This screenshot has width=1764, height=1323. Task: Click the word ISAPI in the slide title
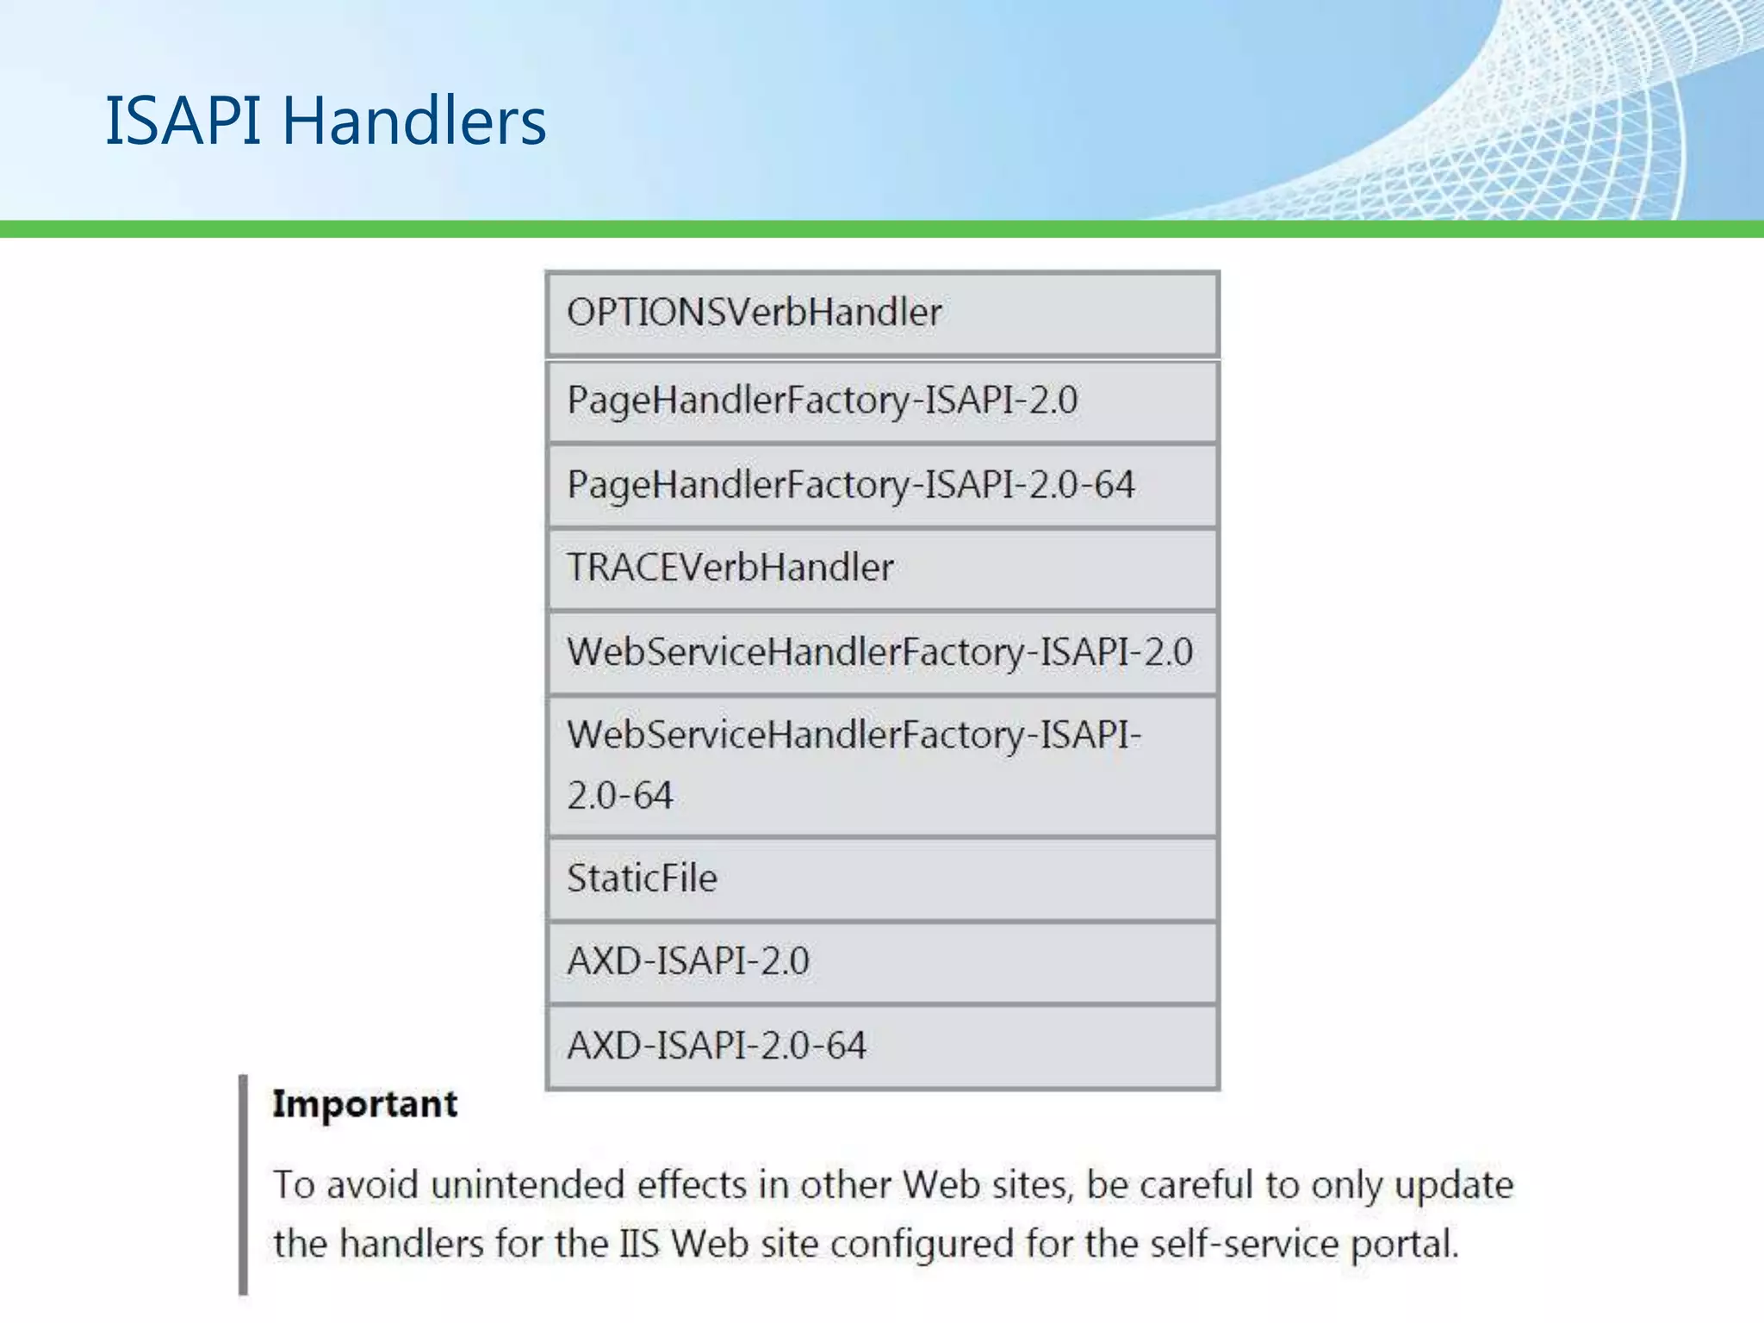(x=183, y=121)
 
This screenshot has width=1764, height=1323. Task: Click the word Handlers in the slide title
(x=414, y=121)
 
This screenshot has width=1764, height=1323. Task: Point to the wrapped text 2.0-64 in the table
(x=620, y=795)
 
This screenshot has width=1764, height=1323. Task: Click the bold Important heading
(x=364, y=1104)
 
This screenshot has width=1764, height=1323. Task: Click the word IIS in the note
(x=639, y=1245)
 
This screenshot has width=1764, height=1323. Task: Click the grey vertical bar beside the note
(x=244, y=1184)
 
